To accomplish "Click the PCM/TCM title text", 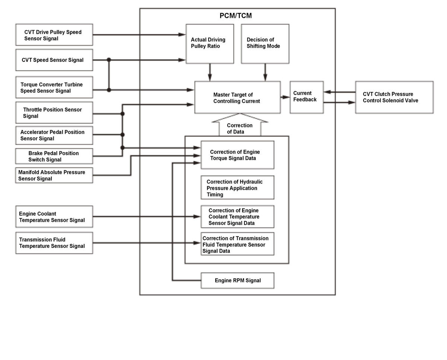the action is pos(235,16).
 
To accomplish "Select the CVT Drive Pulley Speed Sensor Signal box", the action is pos(54,35).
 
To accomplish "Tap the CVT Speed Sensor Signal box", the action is pos(54,60).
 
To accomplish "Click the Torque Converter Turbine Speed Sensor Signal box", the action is pos(54,87).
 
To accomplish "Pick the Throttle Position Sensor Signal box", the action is pos(54,113).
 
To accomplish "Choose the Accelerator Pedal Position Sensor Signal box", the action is pos(54,135).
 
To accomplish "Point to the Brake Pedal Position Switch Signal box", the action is pos(54,156).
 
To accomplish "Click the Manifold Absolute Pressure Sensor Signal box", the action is pos(54,175).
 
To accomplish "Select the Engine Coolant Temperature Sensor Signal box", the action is pos(54,217).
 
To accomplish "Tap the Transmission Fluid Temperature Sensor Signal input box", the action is pos(54,243).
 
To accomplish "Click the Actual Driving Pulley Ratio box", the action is pos(210,44).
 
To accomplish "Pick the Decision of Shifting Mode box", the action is pos(265,44).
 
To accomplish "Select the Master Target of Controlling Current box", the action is pos(237,97).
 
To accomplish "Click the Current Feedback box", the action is pos(307,97).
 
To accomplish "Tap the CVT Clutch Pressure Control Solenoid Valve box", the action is pos(394,97).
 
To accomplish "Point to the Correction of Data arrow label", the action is pos(240,129).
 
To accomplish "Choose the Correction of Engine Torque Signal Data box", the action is pos(237,155).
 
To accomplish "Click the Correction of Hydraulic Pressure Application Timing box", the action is pos(237,187).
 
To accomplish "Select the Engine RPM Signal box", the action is pos(237,281).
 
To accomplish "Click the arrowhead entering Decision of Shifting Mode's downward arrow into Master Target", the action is pos(265,78).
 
